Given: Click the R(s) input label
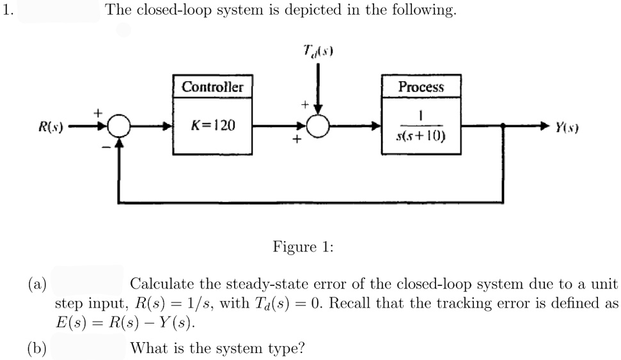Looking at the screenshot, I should (x=49, y=126).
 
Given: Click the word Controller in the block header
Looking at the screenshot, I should (x=212, y=86).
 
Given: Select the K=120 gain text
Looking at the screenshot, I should (x=213, y=125).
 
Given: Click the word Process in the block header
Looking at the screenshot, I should (x=420, y=86).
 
